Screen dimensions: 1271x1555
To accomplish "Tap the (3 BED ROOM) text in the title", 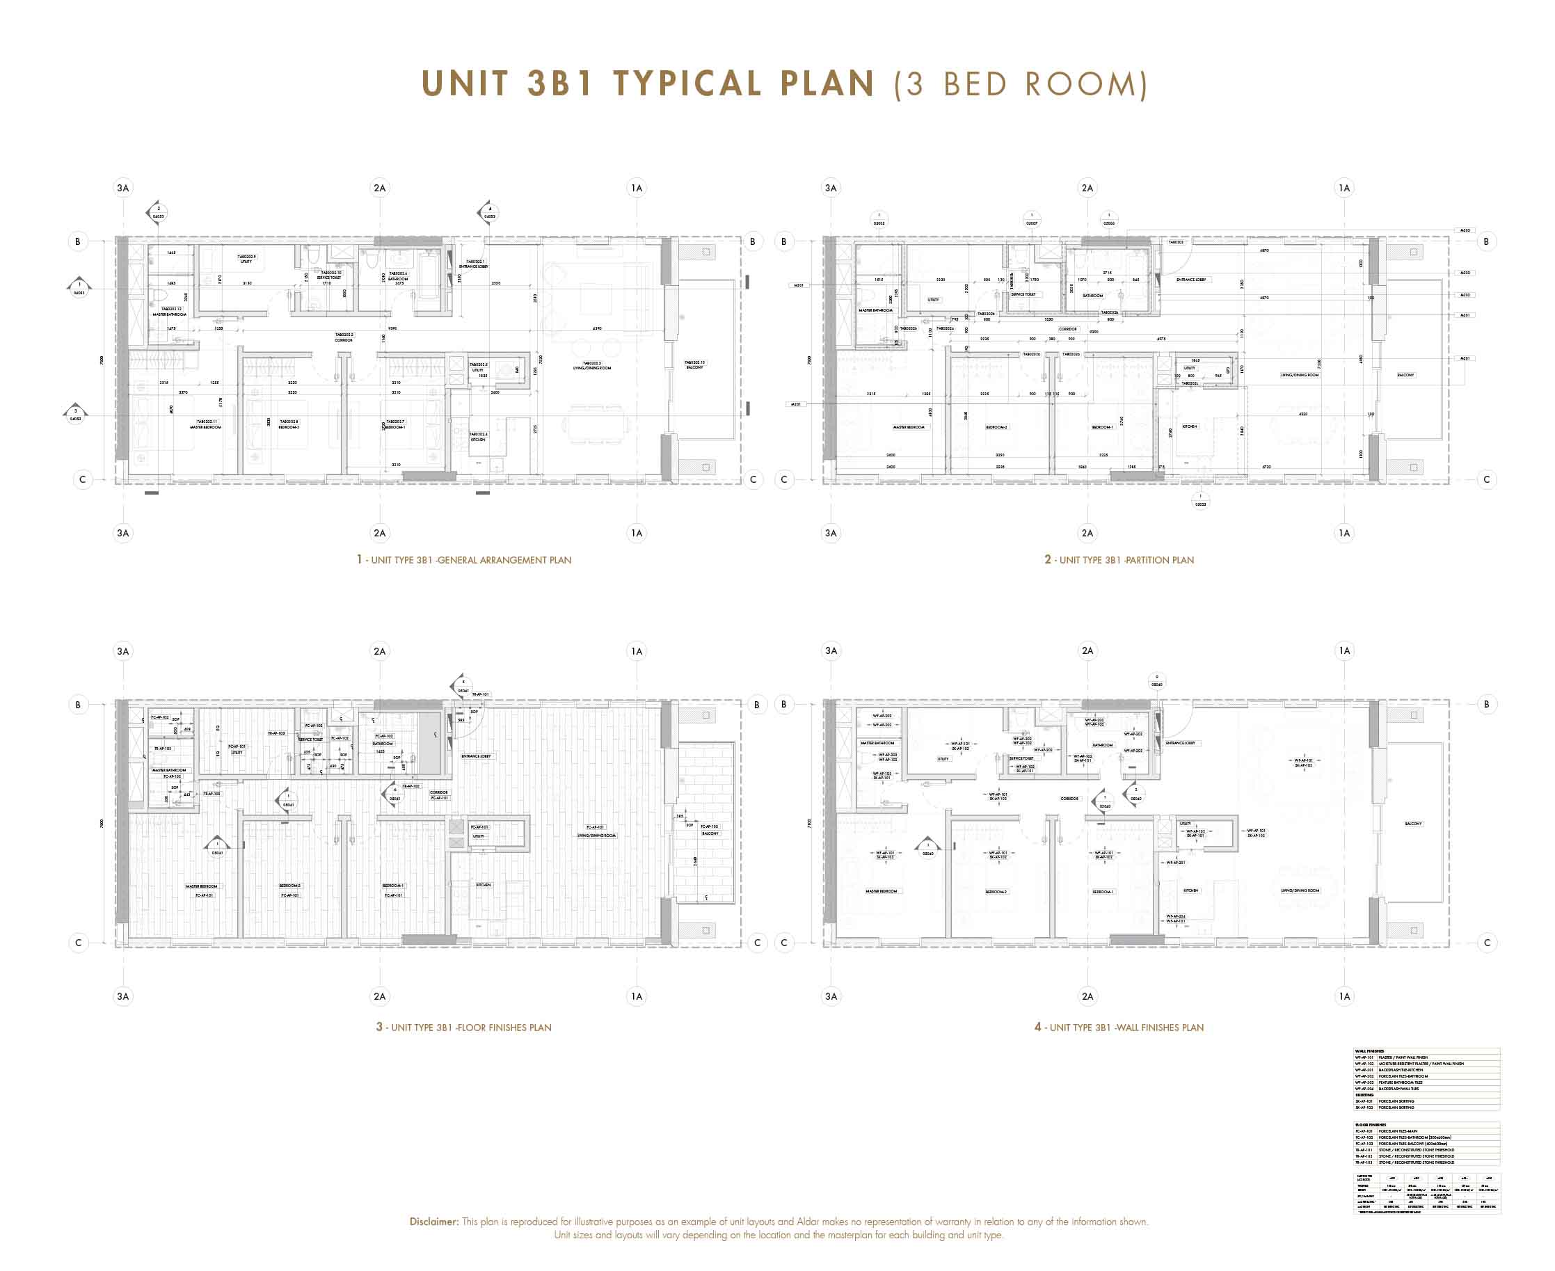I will [1021, 84].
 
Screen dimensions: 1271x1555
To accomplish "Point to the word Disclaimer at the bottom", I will [433, 1222].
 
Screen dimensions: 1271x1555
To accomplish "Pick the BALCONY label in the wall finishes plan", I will [1413, 824].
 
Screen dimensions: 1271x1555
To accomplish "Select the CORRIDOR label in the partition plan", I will [1067, 330].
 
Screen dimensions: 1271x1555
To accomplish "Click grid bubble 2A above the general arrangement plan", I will [379, 188].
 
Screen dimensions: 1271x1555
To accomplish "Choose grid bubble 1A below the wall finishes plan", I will [1344, 996].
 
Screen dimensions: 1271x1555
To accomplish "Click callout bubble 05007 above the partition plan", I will [1032, 220].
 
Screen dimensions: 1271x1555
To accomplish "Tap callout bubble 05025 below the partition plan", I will [1201, 501].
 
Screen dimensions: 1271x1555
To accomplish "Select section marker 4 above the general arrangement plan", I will [489, 213].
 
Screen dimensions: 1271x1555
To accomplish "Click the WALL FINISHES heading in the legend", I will [1369, 1051].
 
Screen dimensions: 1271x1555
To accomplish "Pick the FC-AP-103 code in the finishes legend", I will [1364, 1144].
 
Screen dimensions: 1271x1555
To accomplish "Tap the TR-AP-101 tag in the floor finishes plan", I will [480, 694].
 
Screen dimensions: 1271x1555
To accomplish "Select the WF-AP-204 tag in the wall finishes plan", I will [1176, 917].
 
